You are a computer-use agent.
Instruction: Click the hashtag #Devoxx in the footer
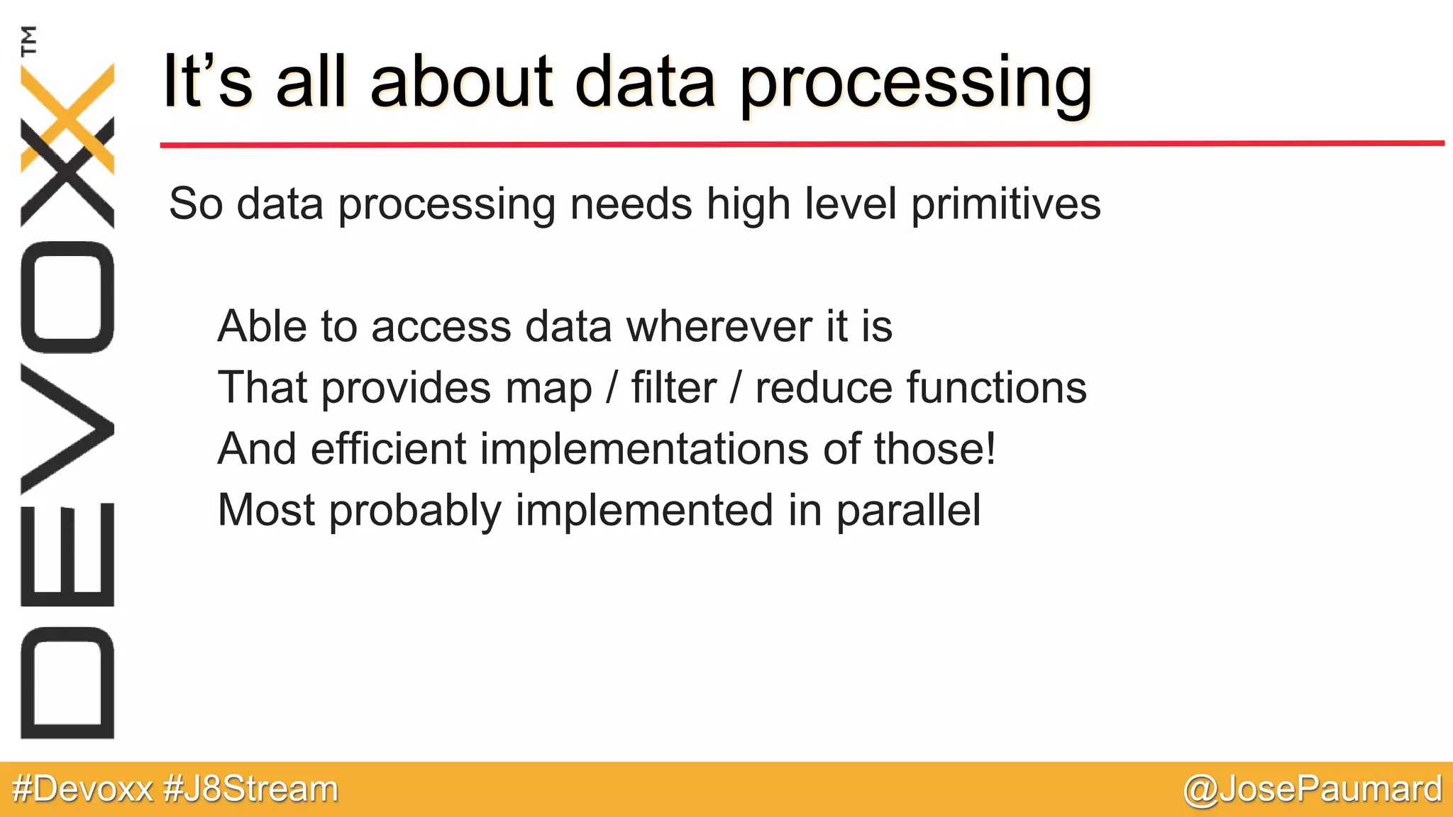82,789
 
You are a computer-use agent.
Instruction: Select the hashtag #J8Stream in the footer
250,789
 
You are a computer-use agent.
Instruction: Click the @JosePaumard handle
1313,789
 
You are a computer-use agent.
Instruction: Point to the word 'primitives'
1005,204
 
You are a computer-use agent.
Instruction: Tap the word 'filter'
673,388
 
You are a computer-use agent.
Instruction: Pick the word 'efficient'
389,449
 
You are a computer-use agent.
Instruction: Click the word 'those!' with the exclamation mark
934,449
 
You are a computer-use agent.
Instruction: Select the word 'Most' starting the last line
266,510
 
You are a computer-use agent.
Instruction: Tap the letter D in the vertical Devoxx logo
67,682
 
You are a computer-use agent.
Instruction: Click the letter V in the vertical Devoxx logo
67,429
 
